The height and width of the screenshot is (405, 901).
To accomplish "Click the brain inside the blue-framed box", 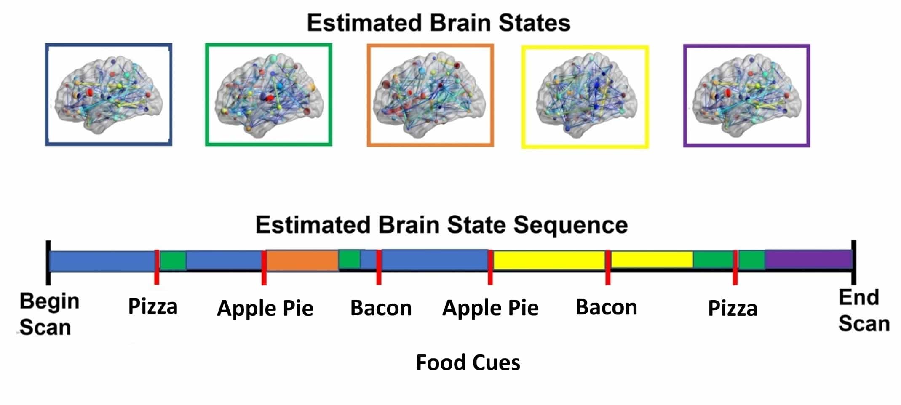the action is pos(108,95).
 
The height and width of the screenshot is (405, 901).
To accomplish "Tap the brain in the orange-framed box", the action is pos(430,95).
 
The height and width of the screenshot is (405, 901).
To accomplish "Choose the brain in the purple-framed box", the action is pos(746,95).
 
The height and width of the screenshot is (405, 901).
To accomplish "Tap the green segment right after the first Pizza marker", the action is pos(173,261).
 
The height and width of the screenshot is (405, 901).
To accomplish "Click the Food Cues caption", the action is pos(468,362).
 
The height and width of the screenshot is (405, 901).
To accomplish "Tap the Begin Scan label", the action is pos(49,314).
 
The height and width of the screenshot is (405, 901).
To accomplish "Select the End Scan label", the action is pos(864,311).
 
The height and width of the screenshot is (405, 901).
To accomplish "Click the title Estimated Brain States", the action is pos(438,23).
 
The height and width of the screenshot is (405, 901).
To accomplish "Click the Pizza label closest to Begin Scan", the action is pos(152,306).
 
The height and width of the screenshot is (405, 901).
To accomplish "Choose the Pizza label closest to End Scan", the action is pos(732,309).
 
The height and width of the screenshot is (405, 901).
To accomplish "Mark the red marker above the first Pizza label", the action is pos(157,267).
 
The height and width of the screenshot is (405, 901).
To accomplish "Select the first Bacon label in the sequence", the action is pos(381,308).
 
